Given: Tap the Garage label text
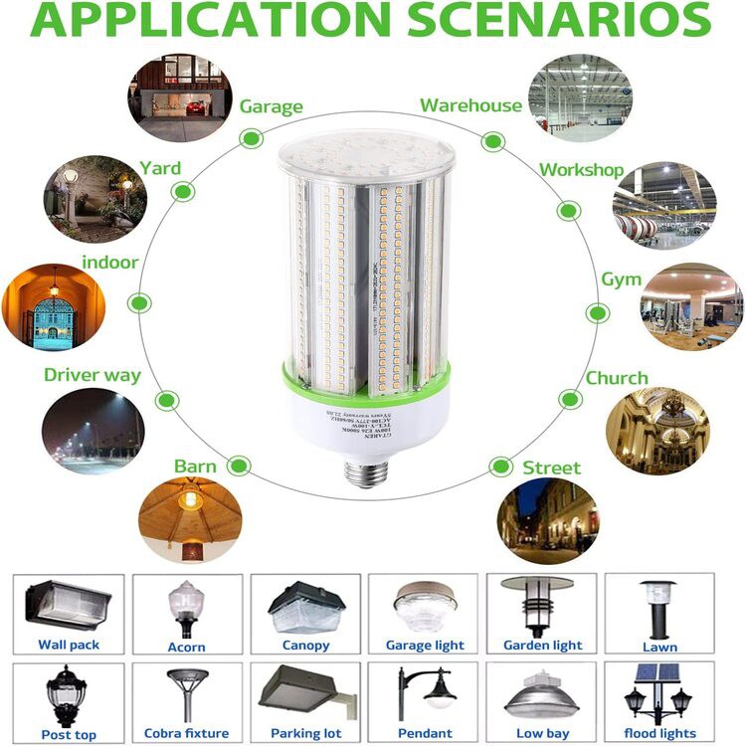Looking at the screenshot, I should pyautogui.click(x=271, y=107).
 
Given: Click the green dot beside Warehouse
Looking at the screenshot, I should pyautogui.click(x=492, y=141).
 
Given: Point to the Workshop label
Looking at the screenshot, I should pyautogui.click(x=581, y=170).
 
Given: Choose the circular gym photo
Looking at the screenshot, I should pyautogui.click(x=691, y=307).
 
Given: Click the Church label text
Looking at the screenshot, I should pyautogui.click(x=616, y=379).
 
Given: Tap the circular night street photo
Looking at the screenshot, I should pyautogui.click(x=548, y=521).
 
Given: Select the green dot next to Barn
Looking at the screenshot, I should pyautogui.click(x=239, y=465).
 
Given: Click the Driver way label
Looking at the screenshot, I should pyautogui.click(x=93, y=376).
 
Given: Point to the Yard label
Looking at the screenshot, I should pyautogui.click(x=159, y=168).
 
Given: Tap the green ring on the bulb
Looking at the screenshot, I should pyautogui.click(x=365, y=376).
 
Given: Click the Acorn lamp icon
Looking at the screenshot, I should pyautogui.click(x=186, y=606).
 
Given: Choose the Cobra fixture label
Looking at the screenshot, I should pyautogui.click(x=186, y=734).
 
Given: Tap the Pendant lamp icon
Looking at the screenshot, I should pyautogui.click(x=424, y=694).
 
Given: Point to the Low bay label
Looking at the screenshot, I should pyautogui.click(x=542, y=734).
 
